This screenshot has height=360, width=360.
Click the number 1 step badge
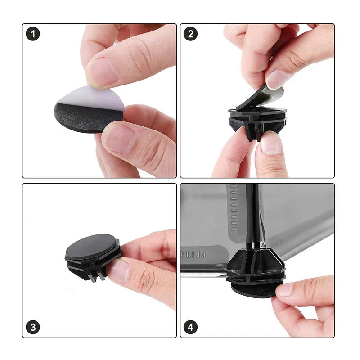(x=33, y=34)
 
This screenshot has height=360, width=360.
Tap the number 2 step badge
(x=190, y=34)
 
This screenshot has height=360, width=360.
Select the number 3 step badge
(x=33, y=327)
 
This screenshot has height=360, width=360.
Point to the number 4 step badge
(x=190, y=327)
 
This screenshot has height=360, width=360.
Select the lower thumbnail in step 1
(x=119, y=138)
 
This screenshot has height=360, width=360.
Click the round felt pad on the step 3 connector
(x=91, y=247)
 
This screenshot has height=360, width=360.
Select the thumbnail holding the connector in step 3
(x=117, y=271)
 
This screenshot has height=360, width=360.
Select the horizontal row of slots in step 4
(x=193, y=254)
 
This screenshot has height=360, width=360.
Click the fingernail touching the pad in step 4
(x=284, y=289)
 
